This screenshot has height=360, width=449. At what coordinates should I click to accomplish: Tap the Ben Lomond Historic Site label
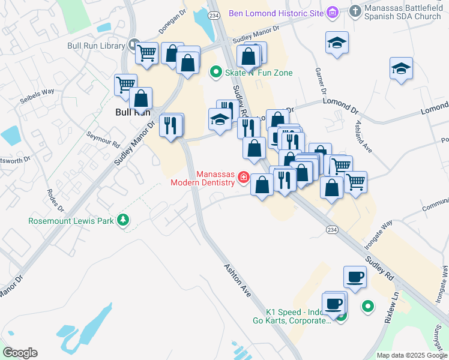coord(276,12)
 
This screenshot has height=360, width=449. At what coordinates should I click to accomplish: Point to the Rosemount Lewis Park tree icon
coord(123,220)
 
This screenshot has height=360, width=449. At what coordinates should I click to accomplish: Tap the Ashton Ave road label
coord(237,280)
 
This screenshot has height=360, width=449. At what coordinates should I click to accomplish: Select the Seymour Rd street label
coord(103,140)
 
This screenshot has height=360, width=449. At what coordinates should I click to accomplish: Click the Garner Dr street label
coord(319,80)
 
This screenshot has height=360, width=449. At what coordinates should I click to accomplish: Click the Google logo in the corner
coord(20,353)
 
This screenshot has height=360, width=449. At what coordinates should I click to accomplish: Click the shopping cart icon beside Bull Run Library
coord(146,53)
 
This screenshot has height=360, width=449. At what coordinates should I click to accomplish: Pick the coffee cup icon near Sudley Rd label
coord(354,277)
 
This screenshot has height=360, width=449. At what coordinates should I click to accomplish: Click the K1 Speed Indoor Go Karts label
coord(298,316)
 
